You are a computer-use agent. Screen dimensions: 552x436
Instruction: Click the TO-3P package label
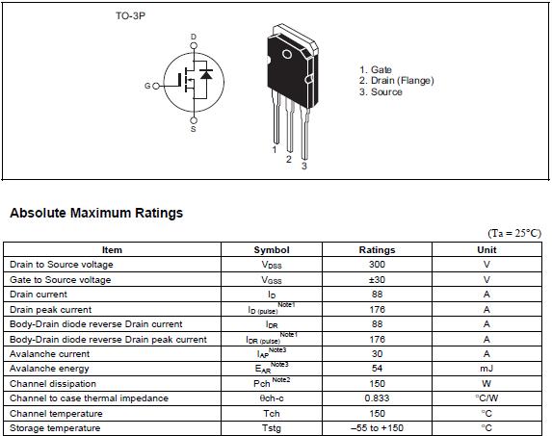click(x=130, y=15)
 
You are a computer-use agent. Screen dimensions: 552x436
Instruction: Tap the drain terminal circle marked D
click(x=194, y=45)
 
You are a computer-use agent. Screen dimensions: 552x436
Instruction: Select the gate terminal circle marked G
click(x=156, y=86)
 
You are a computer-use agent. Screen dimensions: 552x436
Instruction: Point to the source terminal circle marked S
click(x=194, y=120)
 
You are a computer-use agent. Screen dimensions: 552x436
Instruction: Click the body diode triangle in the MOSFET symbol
click(x=206, y=74)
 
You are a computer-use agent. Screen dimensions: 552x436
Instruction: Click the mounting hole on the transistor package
click(x=287, y=54)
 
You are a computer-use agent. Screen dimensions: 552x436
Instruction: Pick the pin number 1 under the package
click(x=275, y=150)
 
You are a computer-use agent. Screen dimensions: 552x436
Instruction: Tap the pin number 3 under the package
click(x=304, y=166)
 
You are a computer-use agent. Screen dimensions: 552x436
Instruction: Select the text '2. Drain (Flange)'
click(x=396, y=81)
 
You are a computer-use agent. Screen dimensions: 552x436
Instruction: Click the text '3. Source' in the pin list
click(x=381, y=92)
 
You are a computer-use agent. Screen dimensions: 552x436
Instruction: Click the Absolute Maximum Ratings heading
click(x=96, y=213)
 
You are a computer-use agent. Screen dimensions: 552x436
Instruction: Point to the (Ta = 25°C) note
click(x=514, y=233)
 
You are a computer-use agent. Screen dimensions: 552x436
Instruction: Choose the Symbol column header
click(x=272, y=250)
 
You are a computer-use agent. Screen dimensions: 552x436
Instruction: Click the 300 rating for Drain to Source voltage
click(x=377, y=265)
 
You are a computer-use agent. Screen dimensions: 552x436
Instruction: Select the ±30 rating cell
click(x=377, y=280)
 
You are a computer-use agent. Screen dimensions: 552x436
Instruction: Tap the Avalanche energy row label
click(x=49, y=369)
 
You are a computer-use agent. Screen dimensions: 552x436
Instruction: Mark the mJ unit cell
click(x=486, y=369)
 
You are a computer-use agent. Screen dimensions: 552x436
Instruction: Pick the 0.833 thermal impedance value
click(x=377, y=398)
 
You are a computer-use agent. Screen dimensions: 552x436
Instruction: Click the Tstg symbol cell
click(x=272, y=428)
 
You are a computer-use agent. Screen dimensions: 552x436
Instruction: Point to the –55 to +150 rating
click(x=377, y=428)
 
